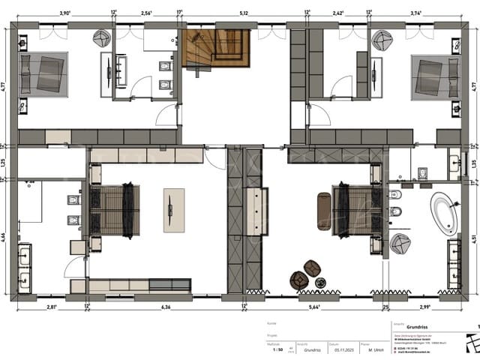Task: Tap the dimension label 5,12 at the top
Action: tap(244, 13)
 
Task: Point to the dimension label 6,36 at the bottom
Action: tap(166, 307)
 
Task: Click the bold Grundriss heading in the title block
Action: tap(416, 328)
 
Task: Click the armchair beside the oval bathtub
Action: tap(400, 242)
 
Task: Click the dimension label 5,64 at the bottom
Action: tap(316, 307)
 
